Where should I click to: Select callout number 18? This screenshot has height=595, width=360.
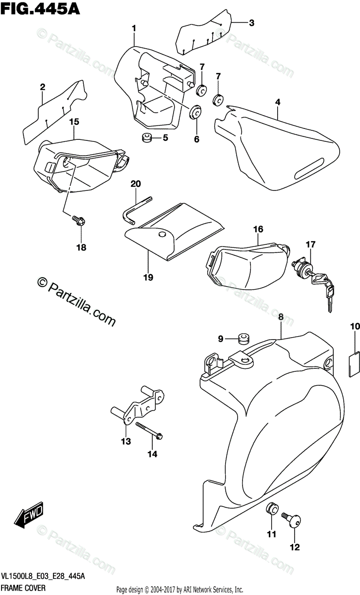tap(81, 247)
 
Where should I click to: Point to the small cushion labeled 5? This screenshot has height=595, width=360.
tap(146, 138)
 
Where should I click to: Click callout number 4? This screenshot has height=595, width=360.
tap(278, 102)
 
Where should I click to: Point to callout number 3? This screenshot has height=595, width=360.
tap(251, 22)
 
